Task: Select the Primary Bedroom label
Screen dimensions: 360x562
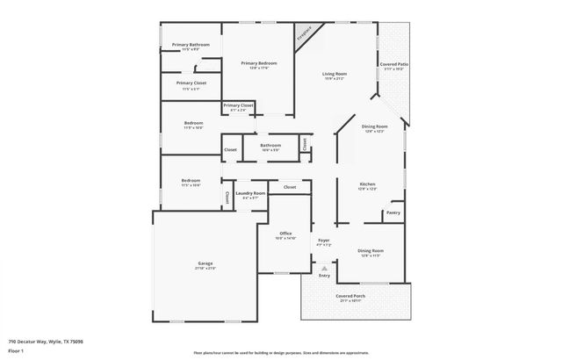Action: pos(259,63)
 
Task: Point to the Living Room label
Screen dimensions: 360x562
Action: pos(335,75)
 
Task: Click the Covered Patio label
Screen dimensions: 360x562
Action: pos(393,65)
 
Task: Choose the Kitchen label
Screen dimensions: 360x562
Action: pos(367,184)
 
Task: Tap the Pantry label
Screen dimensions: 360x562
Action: pos(393,212)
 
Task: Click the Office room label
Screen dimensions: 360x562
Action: pos(285,234)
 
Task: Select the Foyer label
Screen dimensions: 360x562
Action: pos(323,241)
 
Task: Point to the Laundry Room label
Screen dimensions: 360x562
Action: pos(250,195)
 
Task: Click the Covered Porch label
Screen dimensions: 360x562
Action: pos(349,297)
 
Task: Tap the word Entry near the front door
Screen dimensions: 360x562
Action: pos(324,276)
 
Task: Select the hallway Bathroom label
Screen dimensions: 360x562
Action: pos(270,147)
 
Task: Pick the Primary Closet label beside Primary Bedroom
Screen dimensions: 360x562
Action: pos(238,106)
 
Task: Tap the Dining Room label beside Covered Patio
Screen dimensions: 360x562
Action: pos(375,127)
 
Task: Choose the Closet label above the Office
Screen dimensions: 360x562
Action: pos(290,187)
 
